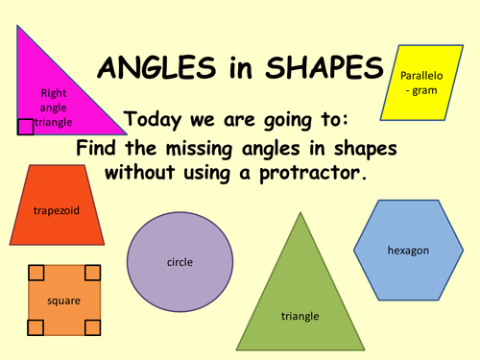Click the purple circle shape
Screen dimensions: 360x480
click(x=180, y=260)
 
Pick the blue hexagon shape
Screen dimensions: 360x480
click(x=407, y=250)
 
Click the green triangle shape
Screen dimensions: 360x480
click(x=300, y=288)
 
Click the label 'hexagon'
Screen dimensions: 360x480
click(x=408, y=250)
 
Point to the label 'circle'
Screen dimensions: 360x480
click(x=180, y=260)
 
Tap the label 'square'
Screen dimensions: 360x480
click(x=64, y=301)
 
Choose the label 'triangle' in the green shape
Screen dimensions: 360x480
click(x=300, y=315)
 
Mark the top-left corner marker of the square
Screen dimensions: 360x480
click(x=36, y=273)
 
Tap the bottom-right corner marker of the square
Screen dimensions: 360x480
click(x=92, y=328)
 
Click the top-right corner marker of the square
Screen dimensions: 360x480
click(x=92, y=273)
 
